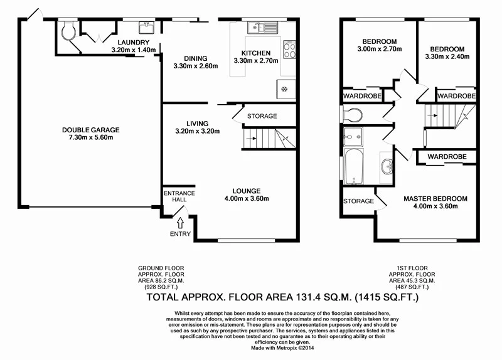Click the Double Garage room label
tap(90, 130)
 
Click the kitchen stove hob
tap(290, 50)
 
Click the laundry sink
tap(148, 27)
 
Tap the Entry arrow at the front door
tap(180, 222)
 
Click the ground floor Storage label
tap(262, 116)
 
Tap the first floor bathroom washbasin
tap(387, 167)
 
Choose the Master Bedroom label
tap(435, 199)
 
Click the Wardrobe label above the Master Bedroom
tap(447, 156)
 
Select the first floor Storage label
tap(358, 201)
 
